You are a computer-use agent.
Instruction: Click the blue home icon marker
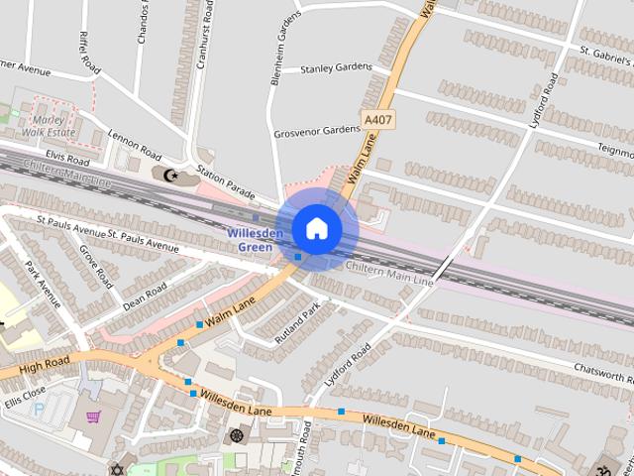(x=316, y=228)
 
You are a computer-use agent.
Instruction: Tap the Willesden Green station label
(x=256, y=240)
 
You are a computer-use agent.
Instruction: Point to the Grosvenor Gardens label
(x=317, y=130)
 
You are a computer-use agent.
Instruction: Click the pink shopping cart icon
(x=93, y=417)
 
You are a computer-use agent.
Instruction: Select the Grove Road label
(x=98, y=261)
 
